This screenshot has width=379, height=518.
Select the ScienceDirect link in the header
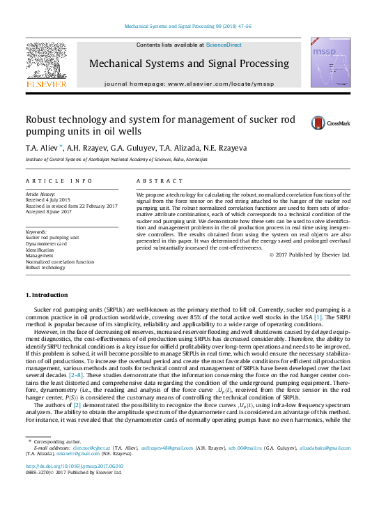coord(224,45)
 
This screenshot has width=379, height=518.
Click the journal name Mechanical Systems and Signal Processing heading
coord(188,64)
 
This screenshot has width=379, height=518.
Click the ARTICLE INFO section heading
coord(59,181)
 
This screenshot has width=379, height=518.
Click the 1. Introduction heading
coord(47,295)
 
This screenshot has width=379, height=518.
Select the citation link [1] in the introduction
coord(318,318)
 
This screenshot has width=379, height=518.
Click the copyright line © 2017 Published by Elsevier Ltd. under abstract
coord(309,254)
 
